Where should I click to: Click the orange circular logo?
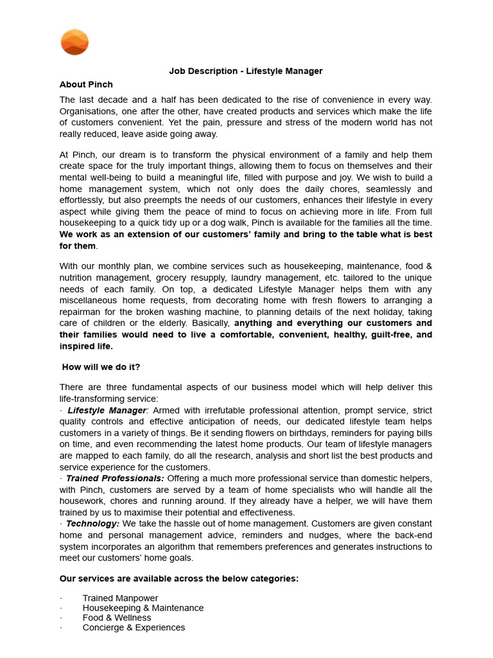(x=74, y=42)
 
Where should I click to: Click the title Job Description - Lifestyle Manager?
(x=246, y=71)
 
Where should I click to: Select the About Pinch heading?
(x=86, y=85)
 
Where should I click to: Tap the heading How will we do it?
(x=101, y=367)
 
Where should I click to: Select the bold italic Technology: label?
(x=92, y=524)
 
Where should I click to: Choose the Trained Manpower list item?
(x=120, y=598)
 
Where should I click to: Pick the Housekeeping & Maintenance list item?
(x=143, y=608)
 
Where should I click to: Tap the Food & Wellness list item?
(x=117, y=618)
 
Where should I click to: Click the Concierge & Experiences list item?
(x=134, y=628)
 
